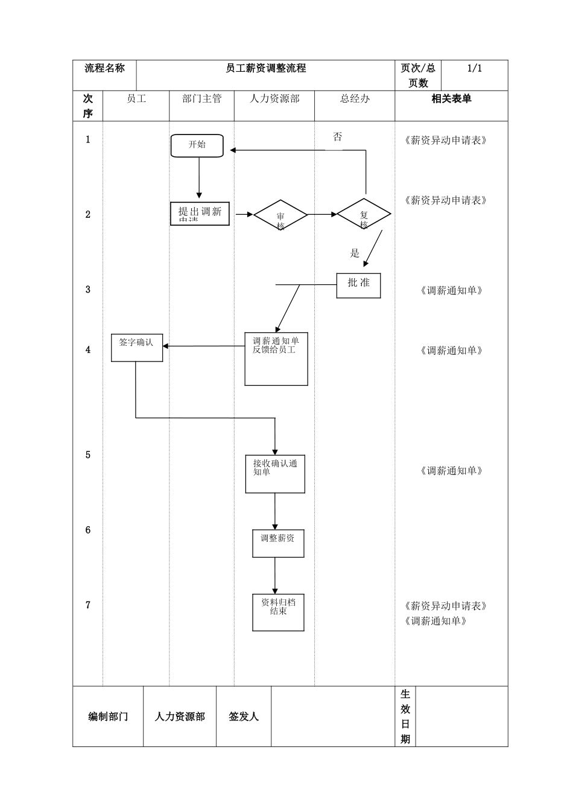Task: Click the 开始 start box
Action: pos(197,145)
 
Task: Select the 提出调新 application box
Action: pos(200,214)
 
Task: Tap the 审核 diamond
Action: pos(280,215)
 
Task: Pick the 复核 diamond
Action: pos(364,215)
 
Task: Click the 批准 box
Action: pos(358,285)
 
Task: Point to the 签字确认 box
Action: pos(137,347)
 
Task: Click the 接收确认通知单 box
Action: pos(275,474)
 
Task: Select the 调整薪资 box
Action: pos(278,543)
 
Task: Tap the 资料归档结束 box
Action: pos(278,612)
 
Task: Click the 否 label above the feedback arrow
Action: pos(338,137)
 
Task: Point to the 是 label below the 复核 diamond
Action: pos(355,253)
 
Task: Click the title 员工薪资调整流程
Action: pos(266,69)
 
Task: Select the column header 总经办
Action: pos(355,99)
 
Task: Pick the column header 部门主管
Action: pos(202,99)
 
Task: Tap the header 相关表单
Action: pos(451,99)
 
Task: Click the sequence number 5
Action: pos(88,455)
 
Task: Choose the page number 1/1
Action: pos(475,69)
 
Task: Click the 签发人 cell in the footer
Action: pos(244,716)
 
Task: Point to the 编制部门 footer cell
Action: pos(108,716)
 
